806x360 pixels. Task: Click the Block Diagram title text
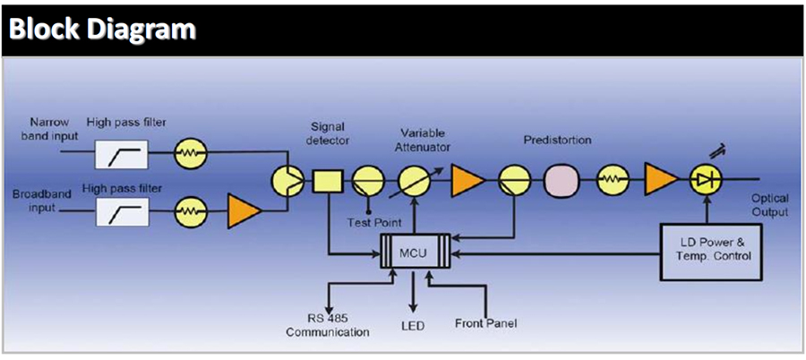pyautogui.click(x=102, y=29)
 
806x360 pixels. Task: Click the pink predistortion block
pyautogui.click(x=562, y=181)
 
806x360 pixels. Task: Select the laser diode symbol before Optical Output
pyautogui.click(x=707, y=181)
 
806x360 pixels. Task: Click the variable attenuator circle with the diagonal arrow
pyautogui.click(x=415, y=181)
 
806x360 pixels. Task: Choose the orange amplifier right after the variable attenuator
pyautogui.click(x=467, y=181)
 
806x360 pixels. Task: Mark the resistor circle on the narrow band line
pyautogui.click(x=189, y=154)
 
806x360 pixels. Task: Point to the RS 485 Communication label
pyautogui.click(x=328, y=325)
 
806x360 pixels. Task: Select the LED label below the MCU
pyautogui.click(x=413, y=324)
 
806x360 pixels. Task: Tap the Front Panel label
pyautogui.click(x=485, y=323)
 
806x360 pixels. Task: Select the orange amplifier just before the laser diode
pyautogui.click(x=660, y=181)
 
